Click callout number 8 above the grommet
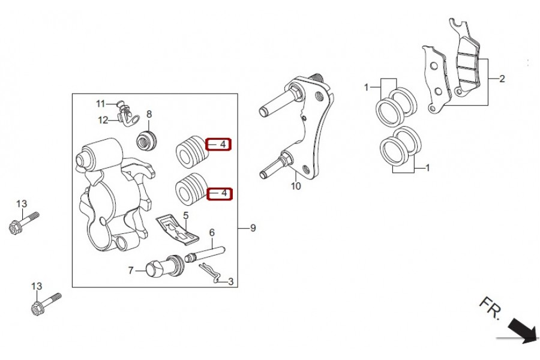pos(149,114)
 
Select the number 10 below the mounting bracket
pos(296,186)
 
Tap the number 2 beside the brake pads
pos(502,79)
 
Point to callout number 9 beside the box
pos(253,228)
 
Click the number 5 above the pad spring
pos(186,216)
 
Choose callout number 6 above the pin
pos(212,233)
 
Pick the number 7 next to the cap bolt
pos(131,271)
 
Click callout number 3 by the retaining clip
pos(231,282)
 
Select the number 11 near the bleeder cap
pos(100,104)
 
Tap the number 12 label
pos(103,120)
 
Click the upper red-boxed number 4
pos(224,145)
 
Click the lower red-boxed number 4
pos(224,193)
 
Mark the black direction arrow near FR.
pos(523,331)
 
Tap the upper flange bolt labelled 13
pos(23,223)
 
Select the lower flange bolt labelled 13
pos(46,304)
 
